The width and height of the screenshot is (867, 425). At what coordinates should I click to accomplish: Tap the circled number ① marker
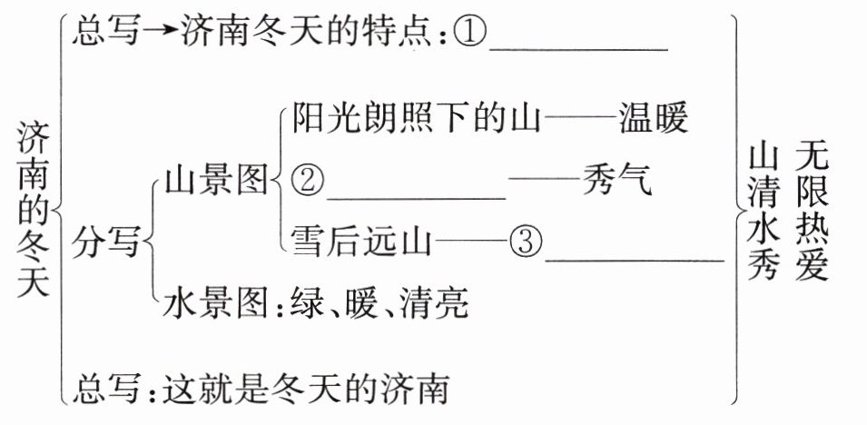[x=469, y=35]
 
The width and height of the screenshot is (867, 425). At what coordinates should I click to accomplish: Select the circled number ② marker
[x=307, y=183]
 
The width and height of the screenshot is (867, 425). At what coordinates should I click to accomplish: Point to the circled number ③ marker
[x=526, y=241]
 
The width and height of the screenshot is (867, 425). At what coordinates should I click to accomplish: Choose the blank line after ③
[x=635, y=260]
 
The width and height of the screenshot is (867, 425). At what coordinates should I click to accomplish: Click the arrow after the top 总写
[x=162, y=34]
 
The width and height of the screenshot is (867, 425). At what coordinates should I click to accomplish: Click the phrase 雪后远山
[x=359, y=242]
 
